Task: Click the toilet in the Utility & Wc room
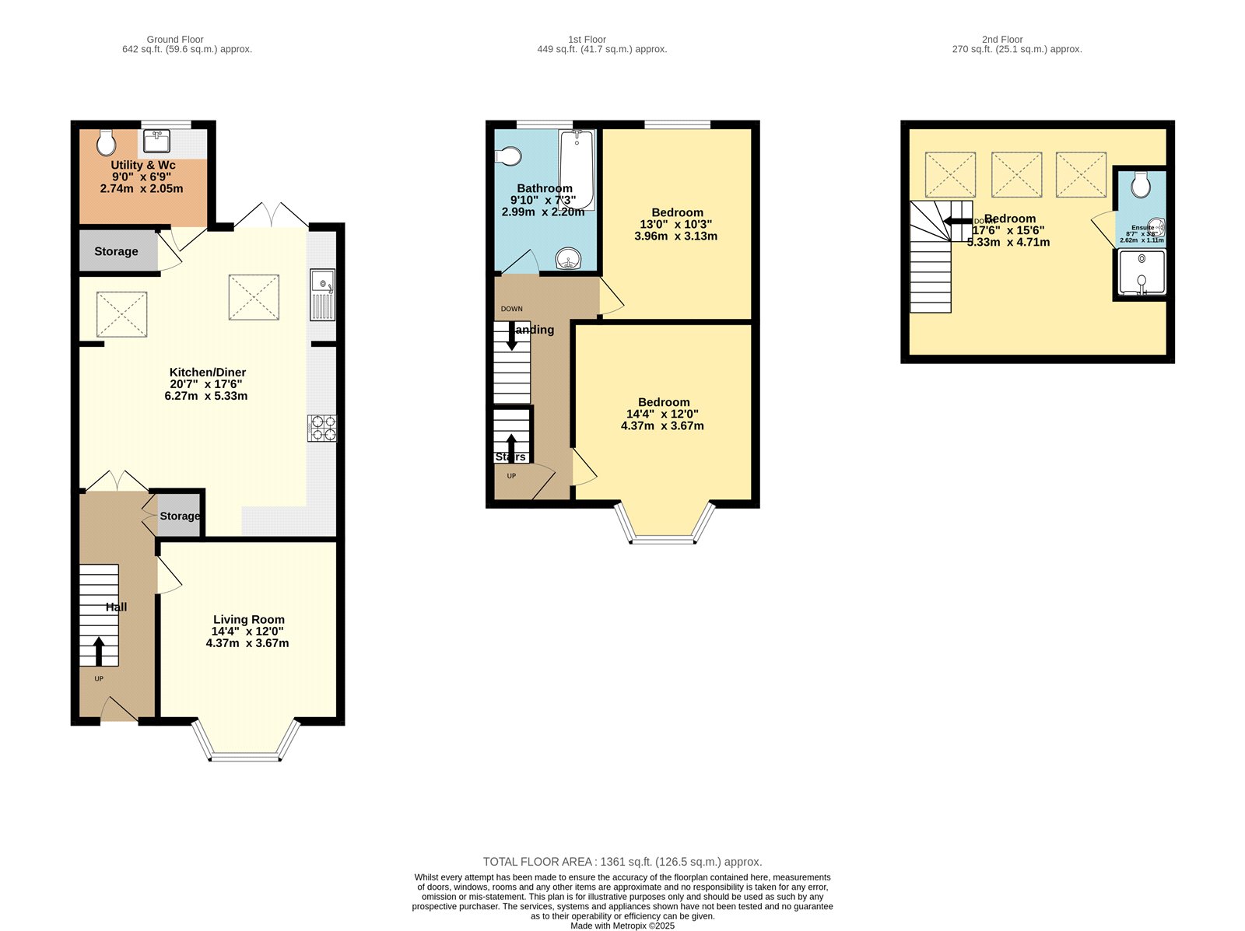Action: coord(107,142)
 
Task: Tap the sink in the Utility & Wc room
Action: coord(157,142)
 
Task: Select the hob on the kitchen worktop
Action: coord(323,429)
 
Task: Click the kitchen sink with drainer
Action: coord(322,294)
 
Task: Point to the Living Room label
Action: coord(248,620)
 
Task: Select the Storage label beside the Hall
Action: coord(180,516)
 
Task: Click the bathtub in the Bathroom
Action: coord(577,169)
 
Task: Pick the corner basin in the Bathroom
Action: coord(570,259)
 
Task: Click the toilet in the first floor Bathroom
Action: coord(509,156)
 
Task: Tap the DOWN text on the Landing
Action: coord(511,309)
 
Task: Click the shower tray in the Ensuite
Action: coord(1142,273)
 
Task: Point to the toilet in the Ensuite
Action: coord(1142,184)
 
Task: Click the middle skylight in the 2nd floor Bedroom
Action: coord(1016,175)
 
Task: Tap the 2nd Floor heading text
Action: coord(1001,39)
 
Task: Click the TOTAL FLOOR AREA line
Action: coord(622,862)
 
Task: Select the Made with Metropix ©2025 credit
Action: coord(622,926)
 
